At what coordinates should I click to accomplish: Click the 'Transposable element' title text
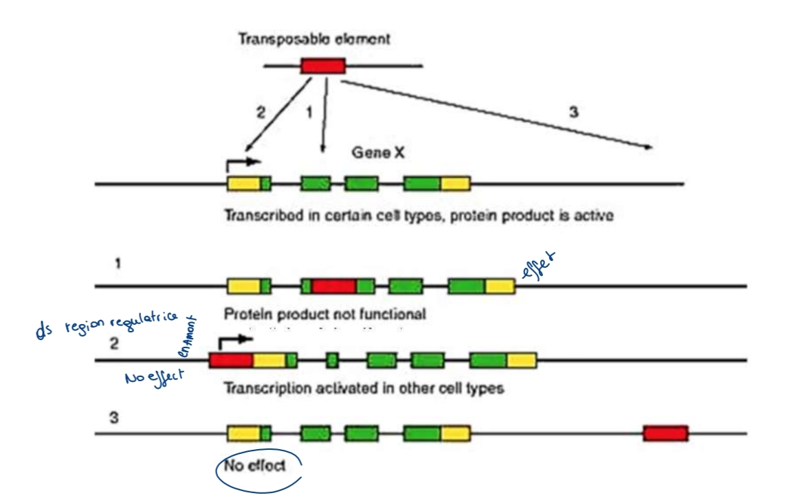coord(314,38)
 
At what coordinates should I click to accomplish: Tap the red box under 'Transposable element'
coord(323,67)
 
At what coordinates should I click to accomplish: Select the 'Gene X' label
coord(377,152)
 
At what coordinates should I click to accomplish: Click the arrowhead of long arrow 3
coord(648,146)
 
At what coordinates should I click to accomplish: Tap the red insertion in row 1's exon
coord(333,286)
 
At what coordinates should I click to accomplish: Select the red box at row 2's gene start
coord(231,359)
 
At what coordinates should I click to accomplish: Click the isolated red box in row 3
coord(665,433)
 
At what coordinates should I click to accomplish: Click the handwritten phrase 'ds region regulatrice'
coord(107,323)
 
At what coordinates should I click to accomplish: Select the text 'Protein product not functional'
coord(324,315)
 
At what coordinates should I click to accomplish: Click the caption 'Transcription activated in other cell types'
coord(364,388)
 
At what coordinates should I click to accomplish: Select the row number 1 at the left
coord(118,262)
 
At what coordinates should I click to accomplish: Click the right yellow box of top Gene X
coord(455,183)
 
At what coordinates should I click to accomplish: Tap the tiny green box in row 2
coord(333,359)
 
